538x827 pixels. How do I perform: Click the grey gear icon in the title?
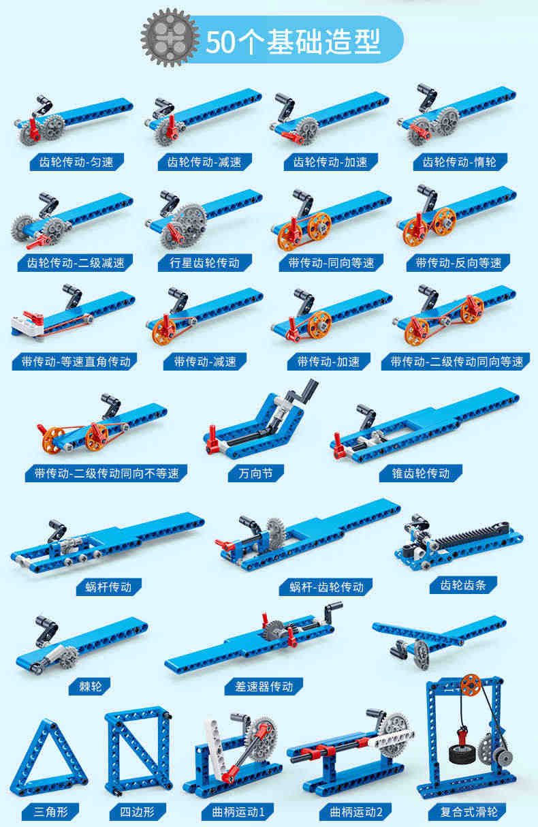click(x=170, y=38)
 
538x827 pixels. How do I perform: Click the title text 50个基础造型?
click(x=293, y=42)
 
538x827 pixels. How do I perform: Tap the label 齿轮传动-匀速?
click(x=76, y=162)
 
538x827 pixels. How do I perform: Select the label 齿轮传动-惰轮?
click(x=460, y=162)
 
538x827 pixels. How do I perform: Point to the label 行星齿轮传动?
click(x=205, y=262)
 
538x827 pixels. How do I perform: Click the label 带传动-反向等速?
click(x=458, y=262)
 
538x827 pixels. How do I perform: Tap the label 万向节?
click(x=255, y=473)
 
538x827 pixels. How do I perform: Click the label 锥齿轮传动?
click(x=421, y=473)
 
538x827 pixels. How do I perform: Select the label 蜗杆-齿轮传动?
click(x=326, y=587)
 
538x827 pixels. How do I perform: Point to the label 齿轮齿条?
click(x=463, y=585)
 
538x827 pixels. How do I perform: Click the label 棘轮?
click(x=90, y=687)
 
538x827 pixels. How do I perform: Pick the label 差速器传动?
click(x=264, y=687)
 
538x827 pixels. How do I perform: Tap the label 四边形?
click(x=138, y=812)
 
